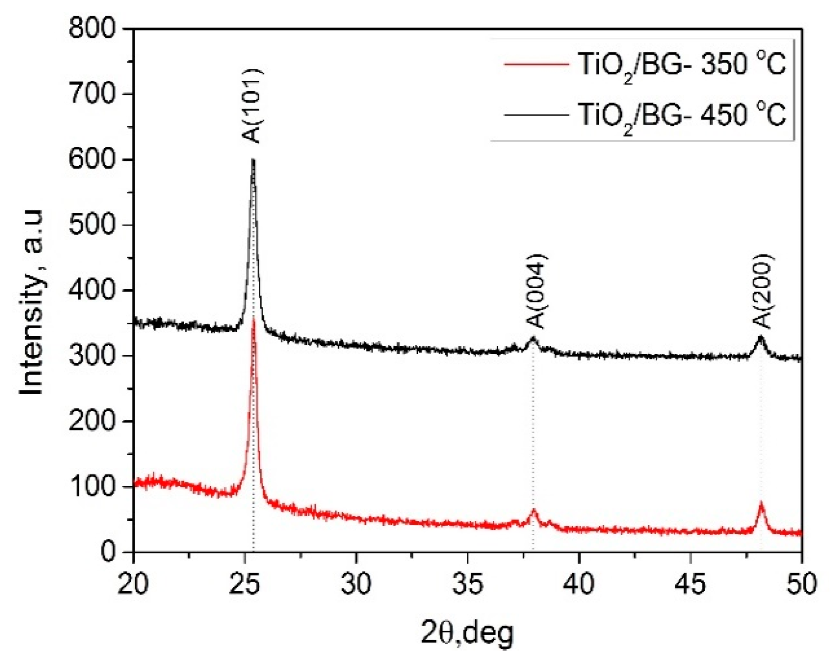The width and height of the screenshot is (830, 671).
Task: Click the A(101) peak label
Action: tap(252, 106)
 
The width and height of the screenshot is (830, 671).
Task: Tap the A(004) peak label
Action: tap(537, 292)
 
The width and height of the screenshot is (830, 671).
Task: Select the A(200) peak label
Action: tap(764, 292)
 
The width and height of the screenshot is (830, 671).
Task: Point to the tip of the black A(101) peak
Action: tap(253, 161)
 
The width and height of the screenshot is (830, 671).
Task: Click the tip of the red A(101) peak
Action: tap(254, 317)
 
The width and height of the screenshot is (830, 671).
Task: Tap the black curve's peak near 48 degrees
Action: tap(761, 337)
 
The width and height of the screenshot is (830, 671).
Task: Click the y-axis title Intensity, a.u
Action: tap(32, 302)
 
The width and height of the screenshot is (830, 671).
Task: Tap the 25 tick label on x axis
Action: tap(245, 584)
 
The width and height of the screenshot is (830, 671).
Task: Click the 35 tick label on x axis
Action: tap(467, 584)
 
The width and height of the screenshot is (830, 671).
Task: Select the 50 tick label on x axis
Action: tap(802, 584)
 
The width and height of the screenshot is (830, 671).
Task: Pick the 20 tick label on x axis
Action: tap(133, 584)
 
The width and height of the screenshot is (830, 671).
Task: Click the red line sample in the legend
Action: tap(537, 64)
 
